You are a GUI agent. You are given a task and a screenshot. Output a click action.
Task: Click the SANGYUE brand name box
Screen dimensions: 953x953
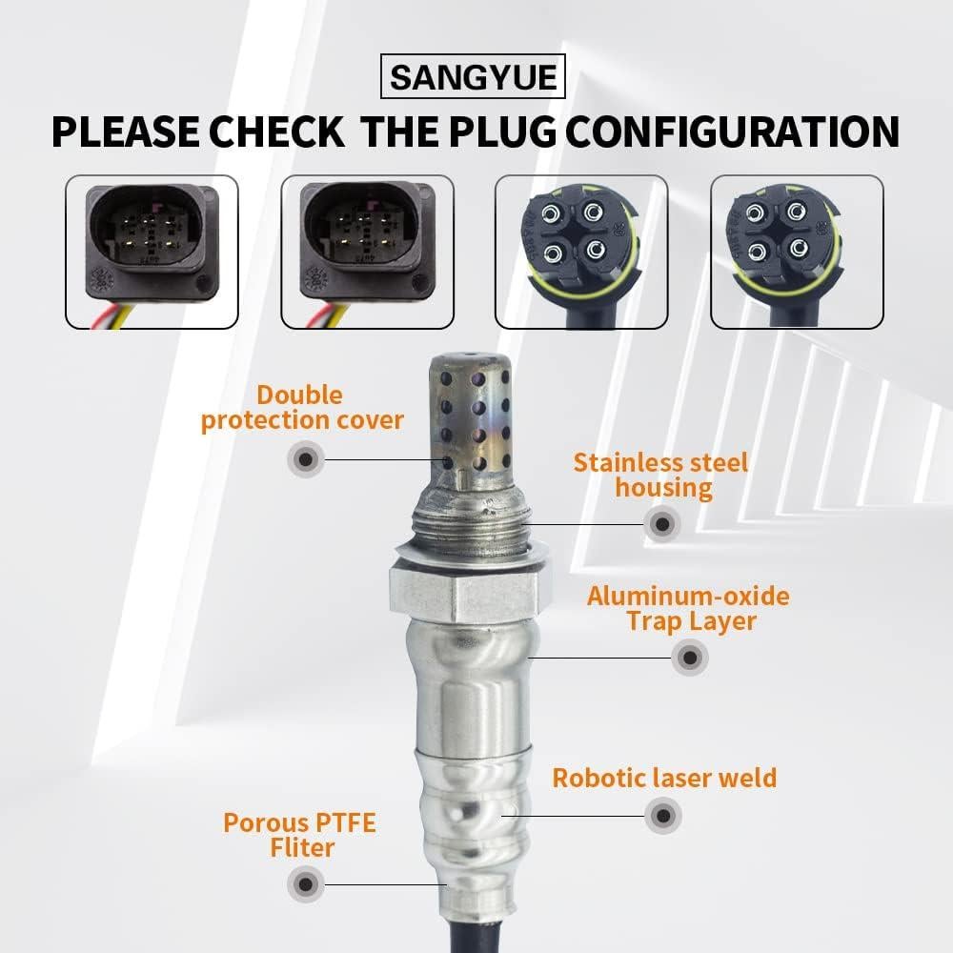point(474,75)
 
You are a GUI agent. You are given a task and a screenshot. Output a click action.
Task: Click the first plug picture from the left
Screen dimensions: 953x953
point(151,253)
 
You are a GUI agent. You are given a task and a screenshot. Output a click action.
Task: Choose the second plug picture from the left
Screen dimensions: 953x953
point(366,253)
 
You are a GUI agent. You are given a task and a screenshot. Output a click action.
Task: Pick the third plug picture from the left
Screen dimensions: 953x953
point(581,253)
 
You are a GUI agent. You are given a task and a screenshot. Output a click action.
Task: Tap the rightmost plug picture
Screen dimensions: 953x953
point(799,253)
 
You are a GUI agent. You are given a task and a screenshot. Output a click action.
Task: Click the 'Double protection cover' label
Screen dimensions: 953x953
point(301,408)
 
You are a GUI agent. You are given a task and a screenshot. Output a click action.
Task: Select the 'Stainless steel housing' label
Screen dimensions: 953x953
point(660,476)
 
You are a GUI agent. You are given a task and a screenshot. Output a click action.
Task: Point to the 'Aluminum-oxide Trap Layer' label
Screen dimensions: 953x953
point(688,609)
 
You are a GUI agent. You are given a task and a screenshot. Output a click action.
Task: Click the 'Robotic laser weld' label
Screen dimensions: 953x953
point(664,777)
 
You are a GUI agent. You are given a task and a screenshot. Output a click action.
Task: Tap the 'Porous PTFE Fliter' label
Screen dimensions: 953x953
point(299,834)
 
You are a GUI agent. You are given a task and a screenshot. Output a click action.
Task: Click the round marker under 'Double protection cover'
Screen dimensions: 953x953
point(305,460)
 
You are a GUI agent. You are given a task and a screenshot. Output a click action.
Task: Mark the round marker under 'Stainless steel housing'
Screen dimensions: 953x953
point(661,523)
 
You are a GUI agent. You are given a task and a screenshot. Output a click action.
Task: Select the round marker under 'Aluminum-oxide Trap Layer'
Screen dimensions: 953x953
point(689,657)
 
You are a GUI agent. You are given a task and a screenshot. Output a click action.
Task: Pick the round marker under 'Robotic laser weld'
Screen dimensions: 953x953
point(663,816)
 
